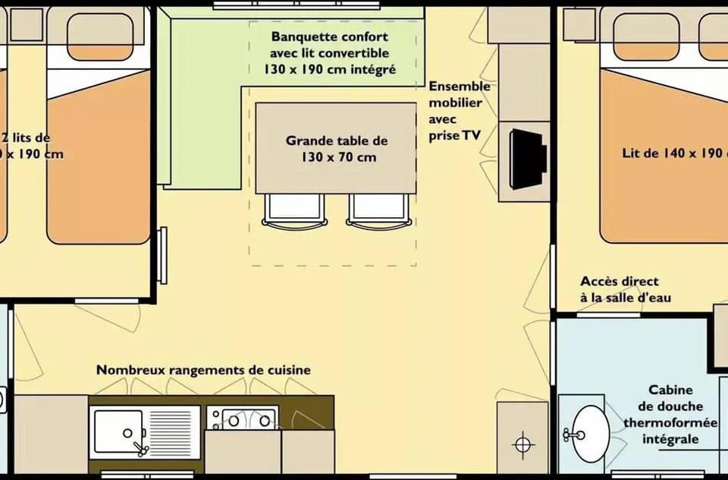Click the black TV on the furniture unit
click(528, 159)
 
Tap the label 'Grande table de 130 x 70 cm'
click(336, 149)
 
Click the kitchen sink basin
click(118, 431)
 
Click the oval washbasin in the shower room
click(589, 434)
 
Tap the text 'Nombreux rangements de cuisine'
click(202, 370)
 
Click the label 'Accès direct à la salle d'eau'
click(625, 289)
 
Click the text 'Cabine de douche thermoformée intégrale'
click(660, 415)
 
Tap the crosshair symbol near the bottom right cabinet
click(523, 444)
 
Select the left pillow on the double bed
click(645, 36)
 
